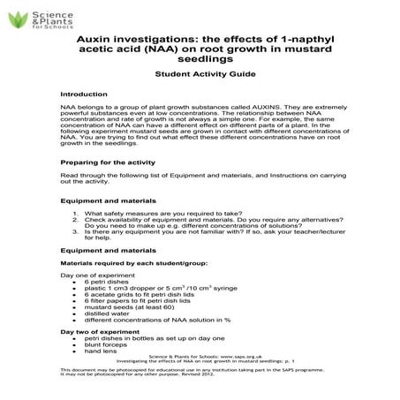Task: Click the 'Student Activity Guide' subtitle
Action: pyautogui.click(x=200, y=75)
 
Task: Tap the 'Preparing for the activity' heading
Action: pyautogui.click(x=102, y=162)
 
